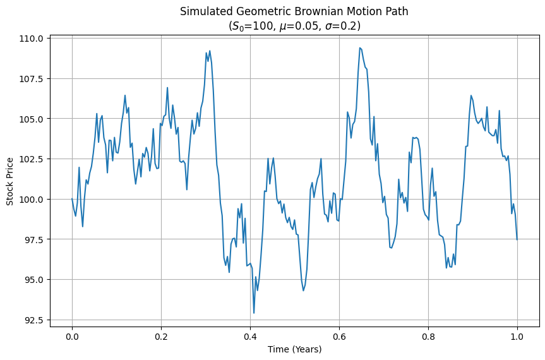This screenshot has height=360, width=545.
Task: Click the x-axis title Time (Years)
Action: pyautogui.click(x=294, y=349)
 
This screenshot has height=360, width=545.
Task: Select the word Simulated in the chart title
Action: pyautogui.click(x=203, y=11)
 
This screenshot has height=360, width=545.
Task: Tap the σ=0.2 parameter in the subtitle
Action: pyautogui.click(x=344, y=27)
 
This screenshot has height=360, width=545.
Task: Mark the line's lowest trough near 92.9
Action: pyautogui.click(x=254, y=313)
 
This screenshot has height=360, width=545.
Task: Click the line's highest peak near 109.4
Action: pyautogui.click(x=359, y=47)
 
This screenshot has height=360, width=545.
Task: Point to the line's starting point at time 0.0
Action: pyautogui.click(x=72, y=199)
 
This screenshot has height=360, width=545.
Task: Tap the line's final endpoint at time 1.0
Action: pyautogui.click(x=517, y=239)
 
